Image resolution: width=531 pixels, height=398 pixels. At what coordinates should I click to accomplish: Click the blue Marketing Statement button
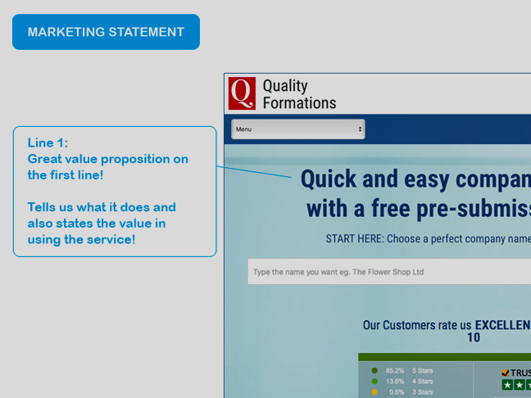pos(106,32)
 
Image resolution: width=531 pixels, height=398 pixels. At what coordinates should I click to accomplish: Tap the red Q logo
pos(242,93)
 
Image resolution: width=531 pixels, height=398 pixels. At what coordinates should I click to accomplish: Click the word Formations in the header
pos(299,103)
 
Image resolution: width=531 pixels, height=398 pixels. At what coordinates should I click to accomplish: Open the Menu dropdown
pos(298,129)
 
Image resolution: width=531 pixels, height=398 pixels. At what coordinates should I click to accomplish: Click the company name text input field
pos(389,272)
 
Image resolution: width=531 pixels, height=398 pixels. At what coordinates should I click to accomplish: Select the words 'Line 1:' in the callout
pos(48,142)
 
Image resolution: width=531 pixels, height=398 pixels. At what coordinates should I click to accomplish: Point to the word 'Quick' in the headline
pos(329,179)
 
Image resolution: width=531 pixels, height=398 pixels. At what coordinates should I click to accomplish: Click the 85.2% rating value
pos(394,371)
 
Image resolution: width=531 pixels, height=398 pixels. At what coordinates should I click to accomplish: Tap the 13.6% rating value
pos(395,382)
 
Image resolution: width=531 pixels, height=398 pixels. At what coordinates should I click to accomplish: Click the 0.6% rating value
pos(397,392)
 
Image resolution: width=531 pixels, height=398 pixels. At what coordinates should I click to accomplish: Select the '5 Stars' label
pos(422,371)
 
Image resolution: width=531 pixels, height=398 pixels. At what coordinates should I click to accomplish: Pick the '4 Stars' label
pos(422,382)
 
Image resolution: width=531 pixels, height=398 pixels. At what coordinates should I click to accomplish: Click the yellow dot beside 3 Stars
pos(374,392)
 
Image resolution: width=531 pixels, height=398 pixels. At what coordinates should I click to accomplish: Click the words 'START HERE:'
pos(355,238)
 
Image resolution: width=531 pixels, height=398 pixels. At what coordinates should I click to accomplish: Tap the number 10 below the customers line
pos(474,337)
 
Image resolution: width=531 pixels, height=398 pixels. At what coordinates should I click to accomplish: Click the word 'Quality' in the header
pos(285,86)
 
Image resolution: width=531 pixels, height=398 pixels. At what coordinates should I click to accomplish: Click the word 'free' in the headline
pos(390,208)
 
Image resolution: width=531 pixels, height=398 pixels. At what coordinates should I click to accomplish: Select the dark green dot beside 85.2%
pos(374,371)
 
